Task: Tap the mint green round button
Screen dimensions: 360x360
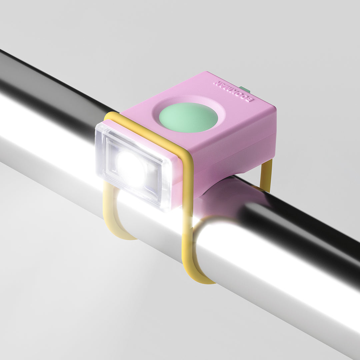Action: pyautogui.click(x=188, y=117)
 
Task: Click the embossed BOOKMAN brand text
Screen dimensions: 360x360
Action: pyautogui.click(x=233, y=91)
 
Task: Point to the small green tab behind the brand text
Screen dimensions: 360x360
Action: pyautogui.click(x=245, y=89)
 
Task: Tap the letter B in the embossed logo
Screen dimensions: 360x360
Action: pyautogui.click(x=251, y=99)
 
